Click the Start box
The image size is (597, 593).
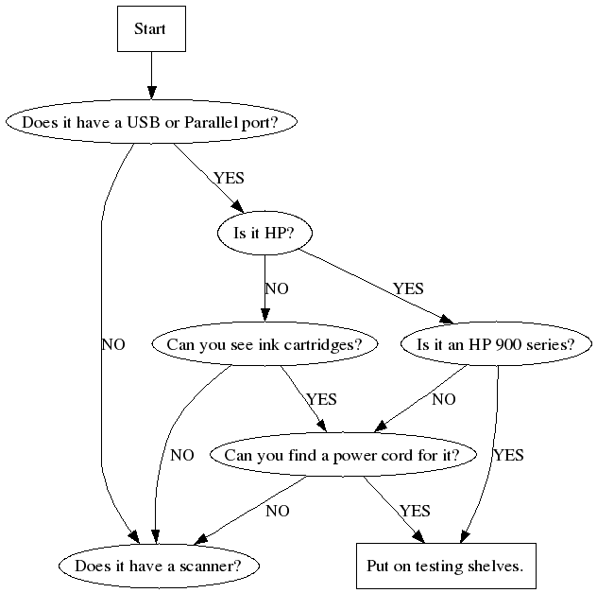[150, 29]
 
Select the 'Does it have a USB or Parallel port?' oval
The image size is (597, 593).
[151, 122]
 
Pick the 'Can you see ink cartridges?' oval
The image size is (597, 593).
[264, 344]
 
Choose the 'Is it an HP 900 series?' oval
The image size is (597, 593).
[496, 344]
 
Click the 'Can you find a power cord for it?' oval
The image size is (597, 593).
[342, 455]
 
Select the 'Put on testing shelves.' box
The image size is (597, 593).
[445, 567]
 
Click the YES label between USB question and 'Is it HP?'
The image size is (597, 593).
[230, 177]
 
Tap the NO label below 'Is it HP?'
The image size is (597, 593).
[277, 288]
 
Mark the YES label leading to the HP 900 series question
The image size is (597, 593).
[408, 288]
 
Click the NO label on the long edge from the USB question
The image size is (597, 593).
[112, 344]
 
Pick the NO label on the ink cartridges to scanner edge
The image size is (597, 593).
[182, 455]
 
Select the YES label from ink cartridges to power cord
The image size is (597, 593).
[321, 400]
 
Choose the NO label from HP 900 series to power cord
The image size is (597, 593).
[444, 400]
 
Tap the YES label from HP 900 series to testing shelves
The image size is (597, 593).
[507, 455]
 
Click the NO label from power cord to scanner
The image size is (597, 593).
[278, 511]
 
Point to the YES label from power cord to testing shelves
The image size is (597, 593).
[414, 511]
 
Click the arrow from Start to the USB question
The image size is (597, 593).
[150, 76]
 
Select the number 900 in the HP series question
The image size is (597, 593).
[494, 344]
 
